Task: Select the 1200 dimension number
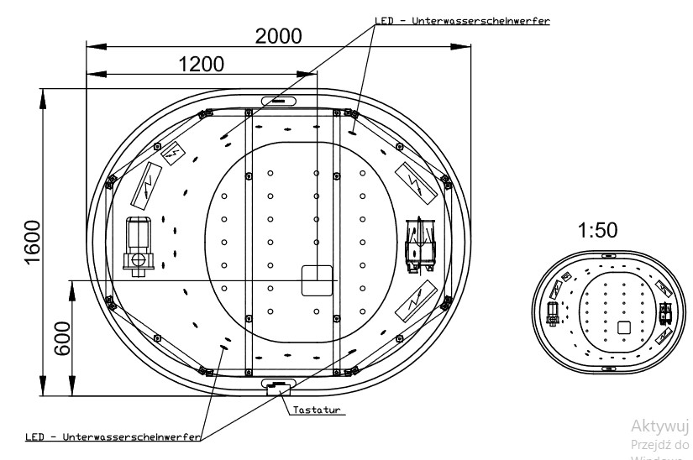pos(201,65)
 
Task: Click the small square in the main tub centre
pos(318,280)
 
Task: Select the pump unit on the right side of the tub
pos(419,243)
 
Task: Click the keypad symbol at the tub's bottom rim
pos(277,386)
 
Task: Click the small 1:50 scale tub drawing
pos(609,311)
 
